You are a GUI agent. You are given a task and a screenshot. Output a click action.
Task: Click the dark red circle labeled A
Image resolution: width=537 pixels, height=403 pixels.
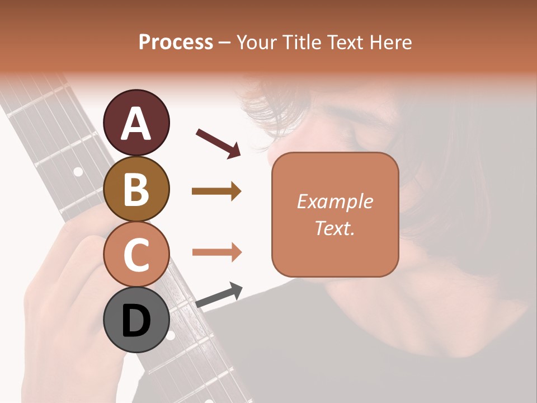click(x=136, y=123)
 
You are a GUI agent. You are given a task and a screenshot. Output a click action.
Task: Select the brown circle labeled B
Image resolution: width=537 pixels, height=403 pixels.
click(x=136, y=189)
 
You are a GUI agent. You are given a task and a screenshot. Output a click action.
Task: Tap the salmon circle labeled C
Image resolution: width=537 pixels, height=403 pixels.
click(x=136, y=254)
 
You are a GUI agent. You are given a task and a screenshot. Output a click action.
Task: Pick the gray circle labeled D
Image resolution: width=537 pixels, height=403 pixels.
click(x=136, y=320)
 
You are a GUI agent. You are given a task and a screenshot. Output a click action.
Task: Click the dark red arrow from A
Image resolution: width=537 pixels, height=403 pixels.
click(x=218, y=143)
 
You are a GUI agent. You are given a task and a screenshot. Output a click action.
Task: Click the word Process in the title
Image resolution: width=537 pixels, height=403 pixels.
click(x=176, y=43)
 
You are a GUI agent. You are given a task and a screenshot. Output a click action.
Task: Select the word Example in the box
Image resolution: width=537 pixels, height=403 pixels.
click(x=335, y=201)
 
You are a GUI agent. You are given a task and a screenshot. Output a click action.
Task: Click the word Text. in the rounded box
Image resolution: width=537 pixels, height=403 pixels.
click(x=335, y=228)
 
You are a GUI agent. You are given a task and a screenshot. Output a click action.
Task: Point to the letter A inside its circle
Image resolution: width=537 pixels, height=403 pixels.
click(x=136, y=124)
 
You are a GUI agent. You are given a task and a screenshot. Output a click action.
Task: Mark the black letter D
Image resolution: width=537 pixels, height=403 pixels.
click(x=136, y=321)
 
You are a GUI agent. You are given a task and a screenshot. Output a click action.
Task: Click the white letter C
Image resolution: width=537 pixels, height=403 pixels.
click(x=136, y=255)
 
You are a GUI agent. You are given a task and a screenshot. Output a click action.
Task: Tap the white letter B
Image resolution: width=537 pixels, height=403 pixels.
click(x=136, y=189)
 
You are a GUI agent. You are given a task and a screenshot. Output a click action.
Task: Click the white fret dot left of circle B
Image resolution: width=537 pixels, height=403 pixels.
click(x=78, y=172)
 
